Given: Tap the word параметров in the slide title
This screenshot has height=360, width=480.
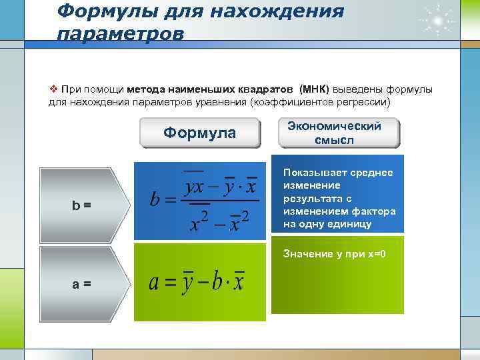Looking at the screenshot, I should pyautogui.click(x=120, y=33).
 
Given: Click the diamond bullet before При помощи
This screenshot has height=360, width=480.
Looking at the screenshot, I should pyautogui.click(x=54, y=89).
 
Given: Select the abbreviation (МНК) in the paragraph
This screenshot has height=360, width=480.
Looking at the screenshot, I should pyautogui.click(x=314, y=90).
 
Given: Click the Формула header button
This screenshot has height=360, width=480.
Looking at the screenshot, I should pyautogui.click(x=200, y=133).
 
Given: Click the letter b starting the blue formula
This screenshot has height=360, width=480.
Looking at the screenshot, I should pyautogui.click(x=155, y=199).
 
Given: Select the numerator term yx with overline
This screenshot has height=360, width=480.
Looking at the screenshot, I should pyautogui.click(x=194, y=186).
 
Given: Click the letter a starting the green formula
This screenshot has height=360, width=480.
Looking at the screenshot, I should pyautogui.click(x=154, y=282).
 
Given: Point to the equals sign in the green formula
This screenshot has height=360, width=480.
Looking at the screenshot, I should pyautogui.click(x=171, y=283).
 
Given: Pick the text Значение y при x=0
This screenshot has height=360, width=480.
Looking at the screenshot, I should pyautogui.click(x=335, y=254).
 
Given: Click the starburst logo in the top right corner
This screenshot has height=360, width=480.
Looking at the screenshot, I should pyautogui.click(x=437, y=20).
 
